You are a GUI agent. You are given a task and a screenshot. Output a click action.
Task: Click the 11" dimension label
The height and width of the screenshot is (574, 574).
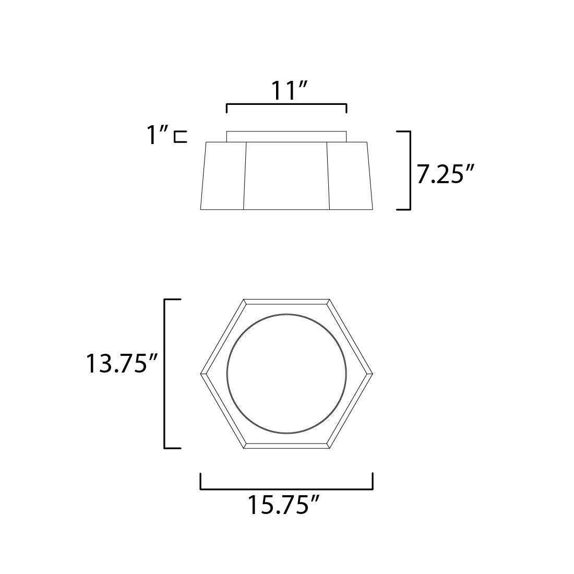pyautogui.click(x=286, y=91)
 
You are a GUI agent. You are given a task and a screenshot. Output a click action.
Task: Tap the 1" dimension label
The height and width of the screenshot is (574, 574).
pyautogui.click(x=158, y=137)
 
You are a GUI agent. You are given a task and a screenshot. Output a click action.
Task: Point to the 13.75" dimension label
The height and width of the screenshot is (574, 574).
pyautogui.click(x=123, y=364)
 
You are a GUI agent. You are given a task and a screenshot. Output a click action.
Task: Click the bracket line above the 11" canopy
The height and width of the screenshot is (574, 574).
pyautogui.click(x=286, y=105)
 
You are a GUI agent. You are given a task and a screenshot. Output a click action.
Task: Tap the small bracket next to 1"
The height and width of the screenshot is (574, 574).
pyautogui.click(x=181, y=137)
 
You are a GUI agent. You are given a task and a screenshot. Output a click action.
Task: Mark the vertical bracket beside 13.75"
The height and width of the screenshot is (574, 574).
pyautogui.click(x=166, y=374)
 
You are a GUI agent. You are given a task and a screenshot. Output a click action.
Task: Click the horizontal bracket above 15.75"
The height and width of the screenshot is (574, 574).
pyautogui.click(x=286, y=488)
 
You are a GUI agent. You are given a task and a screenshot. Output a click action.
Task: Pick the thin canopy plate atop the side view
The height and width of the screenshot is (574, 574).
pyautogui.click(x=286, y=136)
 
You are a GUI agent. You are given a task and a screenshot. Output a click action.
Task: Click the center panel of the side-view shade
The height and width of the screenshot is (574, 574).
pyautogui.click(x=286, y=175)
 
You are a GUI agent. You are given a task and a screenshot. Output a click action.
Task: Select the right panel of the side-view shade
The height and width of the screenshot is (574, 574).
pyautogui.click(x=349, y=175)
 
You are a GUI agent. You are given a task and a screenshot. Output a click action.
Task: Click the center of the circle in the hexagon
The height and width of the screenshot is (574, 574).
pyautogui.click(x=286, y=374)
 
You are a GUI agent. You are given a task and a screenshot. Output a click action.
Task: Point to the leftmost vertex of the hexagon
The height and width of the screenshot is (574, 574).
pyautogui.click(x=201, y=374)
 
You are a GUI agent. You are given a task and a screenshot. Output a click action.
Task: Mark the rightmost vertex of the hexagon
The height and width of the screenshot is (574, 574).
pyautogui.click(x=372, y=374)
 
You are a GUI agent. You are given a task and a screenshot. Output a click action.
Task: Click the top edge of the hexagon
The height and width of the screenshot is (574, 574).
pyautogui.click(x=286, y=301)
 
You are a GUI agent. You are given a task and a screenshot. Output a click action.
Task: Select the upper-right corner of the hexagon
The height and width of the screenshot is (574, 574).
pyautogui.click(x=329, y=301)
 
